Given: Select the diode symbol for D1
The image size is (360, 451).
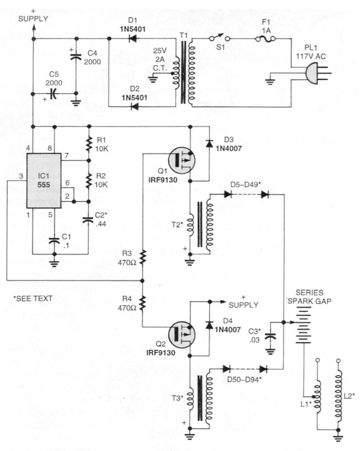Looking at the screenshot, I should pos(133,39).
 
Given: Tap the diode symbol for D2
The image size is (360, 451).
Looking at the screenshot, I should pos(134,107).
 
